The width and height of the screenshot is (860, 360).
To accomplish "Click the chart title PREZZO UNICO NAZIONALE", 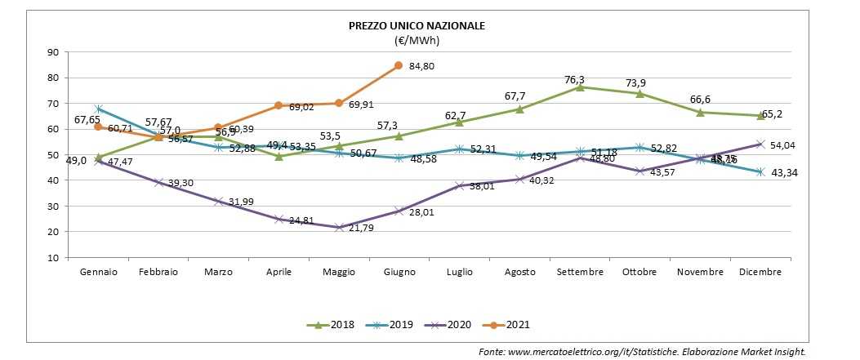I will [x=417, y=25].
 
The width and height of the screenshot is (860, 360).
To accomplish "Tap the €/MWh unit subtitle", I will [x=417, y=39].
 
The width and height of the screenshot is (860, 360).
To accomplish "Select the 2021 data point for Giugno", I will [x=398, y=65].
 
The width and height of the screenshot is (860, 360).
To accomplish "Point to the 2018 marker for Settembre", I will [x=580, y=87].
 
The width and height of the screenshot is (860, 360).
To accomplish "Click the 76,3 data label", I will [x=575, y=79].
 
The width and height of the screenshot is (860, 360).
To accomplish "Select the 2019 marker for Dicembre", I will [x=760, y=171].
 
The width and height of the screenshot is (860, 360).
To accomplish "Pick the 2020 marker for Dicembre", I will [x=760, y=144].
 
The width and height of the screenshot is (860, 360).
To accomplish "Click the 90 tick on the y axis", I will [x=53, y=52].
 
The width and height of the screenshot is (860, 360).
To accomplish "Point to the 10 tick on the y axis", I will [x=53, y=257].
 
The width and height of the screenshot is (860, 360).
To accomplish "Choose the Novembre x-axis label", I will [x=700, y=272].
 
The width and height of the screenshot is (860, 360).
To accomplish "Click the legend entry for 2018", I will [x=335, y=325].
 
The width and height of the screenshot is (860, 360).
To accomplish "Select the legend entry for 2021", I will [x=507, y=325].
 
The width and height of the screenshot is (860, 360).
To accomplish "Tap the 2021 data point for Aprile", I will [x=278, y=105].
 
